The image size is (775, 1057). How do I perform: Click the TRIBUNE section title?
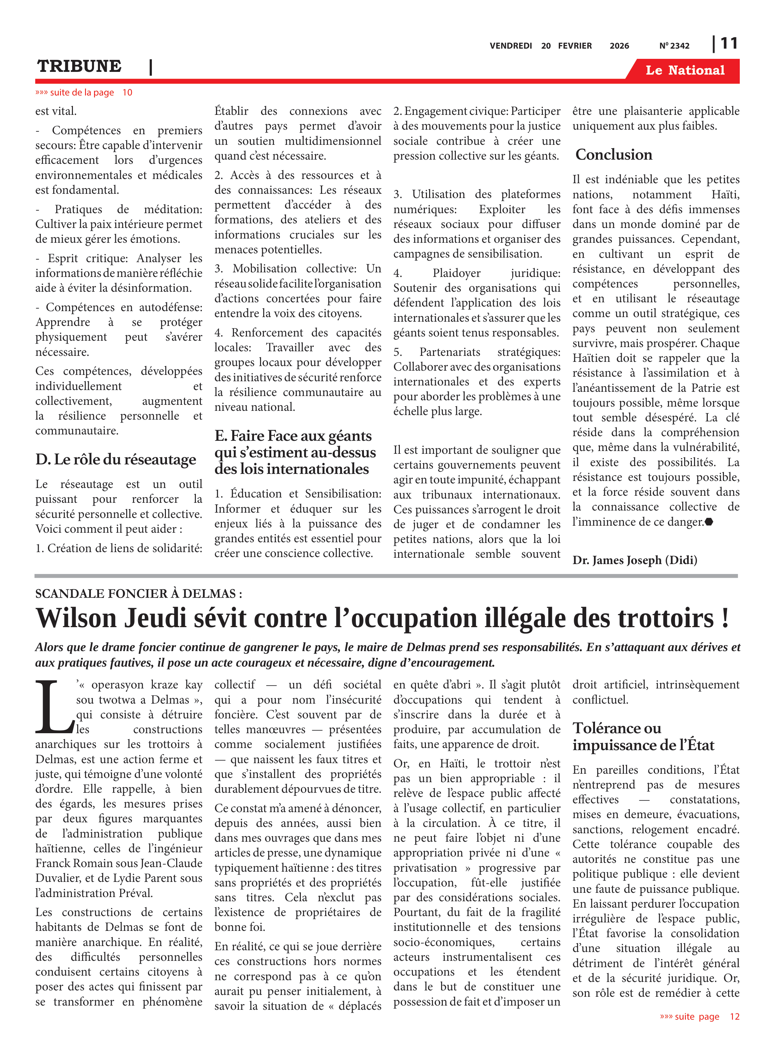point(79,66)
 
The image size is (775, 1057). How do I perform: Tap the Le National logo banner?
point(684,70)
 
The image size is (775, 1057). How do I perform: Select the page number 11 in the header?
point(728,44)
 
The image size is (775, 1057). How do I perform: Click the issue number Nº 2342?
point(674,46)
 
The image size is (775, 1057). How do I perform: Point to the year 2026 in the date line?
point(619,46)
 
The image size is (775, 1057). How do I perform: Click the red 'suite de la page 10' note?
point(83,92)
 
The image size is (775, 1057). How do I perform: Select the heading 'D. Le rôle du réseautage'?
point(116,459)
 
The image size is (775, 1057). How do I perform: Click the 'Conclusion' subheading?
point(613,154)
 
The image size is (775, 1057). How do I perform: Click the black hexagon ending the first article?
point(708,522)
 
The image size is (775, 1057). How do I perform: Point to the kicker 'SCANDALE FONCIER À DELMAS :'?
point(138,594)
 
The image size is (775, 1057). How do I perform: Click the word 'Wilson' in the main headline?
point(76,618)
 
